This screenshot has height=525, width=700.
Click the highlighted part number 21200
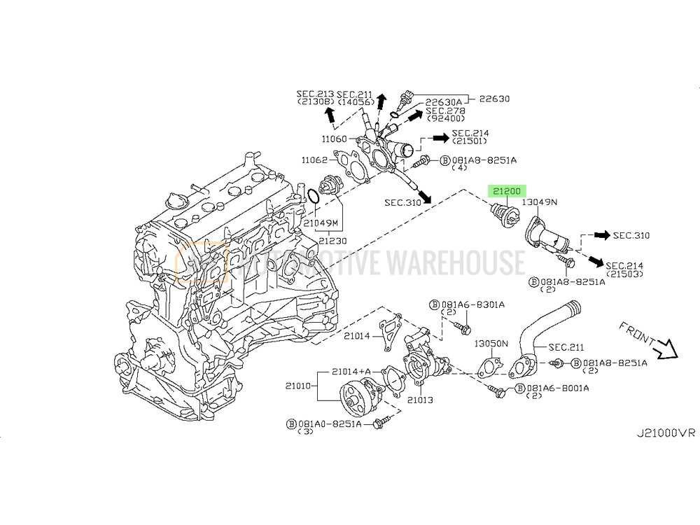point(507,190)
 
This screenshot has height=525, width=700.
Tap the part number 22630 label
point(494,99)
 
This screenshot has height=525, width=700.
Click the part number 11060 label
point(335,139)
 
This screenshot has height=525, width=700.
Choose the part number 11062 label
point(314,160)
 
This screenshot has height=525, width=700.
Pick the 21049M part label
point(320,223)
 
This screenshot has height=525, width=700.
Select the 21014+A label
point(351,371)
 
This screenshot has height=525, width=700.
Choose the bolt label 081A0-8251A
point(328,423)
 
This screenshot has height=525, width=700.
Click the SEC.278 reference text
point(445,111)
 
